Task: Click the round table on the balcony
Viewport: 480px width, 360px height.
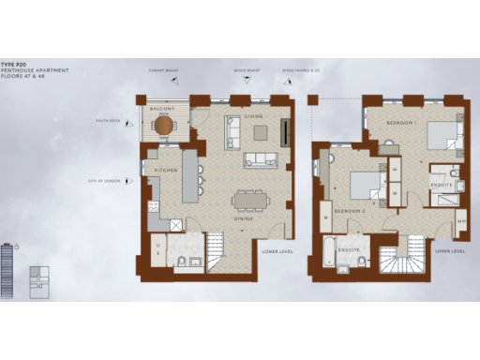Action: (x=164, y=124)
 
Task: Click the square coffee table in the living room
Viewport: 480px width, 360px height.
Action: (x=260, y=132)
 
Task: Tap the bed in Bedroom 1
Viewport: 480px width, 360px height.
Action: (x=443, y=136)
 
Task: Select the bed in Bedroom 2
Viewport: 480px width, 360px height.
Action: (x=366, y=185)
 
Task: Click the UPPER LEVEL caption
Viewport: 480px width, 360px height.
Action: (x=451, y=251)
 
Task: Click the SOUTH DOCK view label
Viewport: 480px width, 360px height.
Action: (x=108, y=121)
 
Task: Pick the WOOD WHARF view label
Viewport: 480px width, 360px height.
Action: (x=247, y=70)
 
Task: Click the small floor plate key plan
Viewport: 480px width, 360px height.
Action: (x=39, y=277)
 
